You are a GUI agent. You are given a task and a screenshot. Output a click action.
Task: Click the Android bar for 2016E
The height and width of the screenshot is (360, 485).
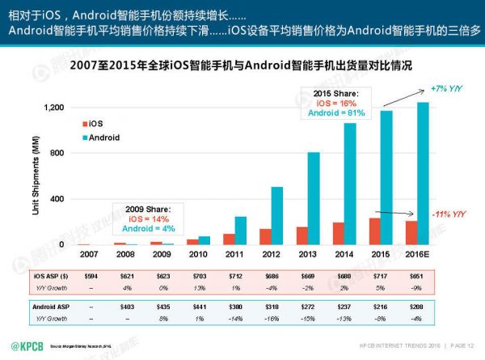(x=424, y=173)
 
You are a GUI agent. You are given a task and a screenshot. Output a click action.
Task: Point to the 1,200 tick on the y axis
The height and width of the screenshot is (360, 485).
(x=54, y=108)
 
